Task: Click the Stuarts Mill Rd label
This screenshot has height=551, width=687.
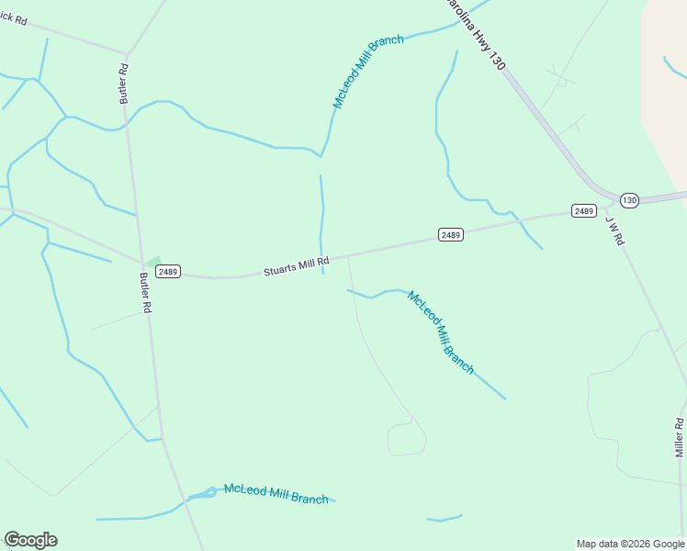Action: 296,266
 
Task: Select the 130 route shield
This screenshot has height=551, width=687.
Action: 629,199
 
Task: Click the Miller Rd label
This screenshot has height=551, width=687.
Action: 680,437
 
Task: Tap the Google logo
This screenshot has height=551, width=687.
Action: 30,540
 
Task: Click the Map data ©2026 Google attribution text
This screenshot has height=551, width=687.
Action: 630,544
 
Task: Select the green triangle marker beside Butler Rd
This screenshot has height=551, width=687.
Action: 152,263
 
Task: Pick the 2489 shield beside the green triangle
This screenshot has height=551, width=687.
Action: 167,272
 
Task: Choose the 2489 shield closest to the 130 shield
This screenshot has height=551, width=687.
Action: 583,211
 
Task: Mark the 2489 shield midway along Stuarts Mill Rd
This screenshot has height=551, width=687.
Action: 450,235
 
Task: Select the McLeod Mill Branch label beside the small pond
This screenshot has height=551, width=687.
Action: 276,494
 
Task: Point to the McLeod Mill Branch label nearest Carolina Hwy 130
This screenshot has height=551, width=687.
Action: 367,73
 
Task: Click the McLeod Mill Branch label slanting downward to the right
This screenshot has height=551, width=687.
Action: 441,332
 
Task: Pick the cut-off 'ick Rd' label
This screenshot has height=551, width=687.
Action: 14,19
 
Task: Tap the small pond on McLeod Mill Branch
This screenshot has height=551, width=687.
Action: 209,492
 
